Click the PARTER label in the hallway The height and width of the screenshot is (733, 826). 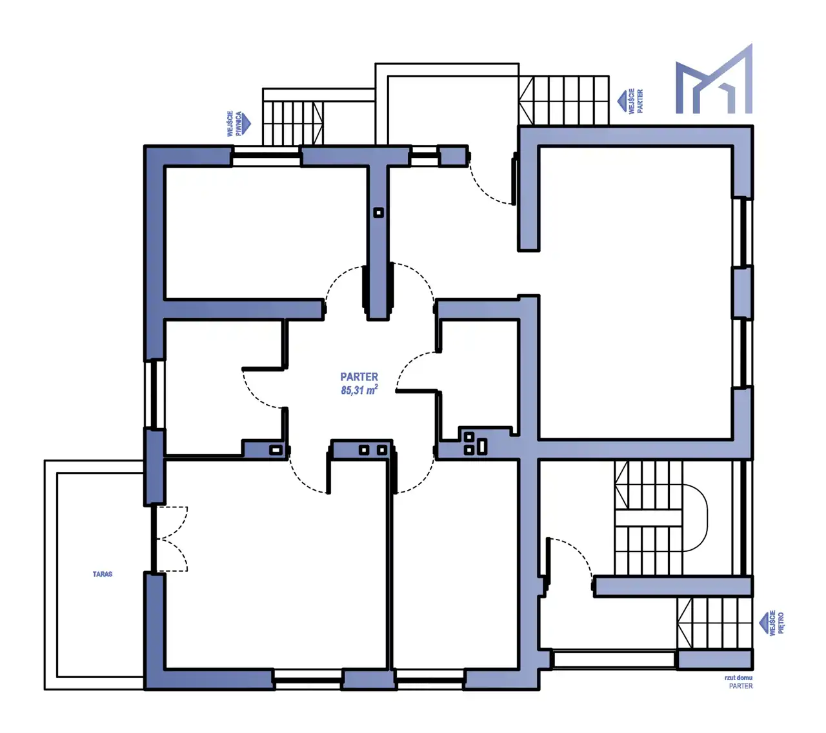pyautogui.click(x=359, y=376)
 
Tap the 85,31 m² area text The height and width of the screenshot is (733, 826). pyautogui.click(x=359, y=390)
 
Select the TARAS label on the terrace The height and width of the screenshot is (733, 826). pyautogui.click(x=103, y=574)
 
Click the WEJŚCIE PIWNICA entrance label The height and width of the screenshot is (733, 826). pyautogui.click(x=234, y=124)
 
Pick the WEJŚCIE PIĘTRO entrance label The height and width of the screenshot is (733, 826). pyautogui.click(x=776, y=623)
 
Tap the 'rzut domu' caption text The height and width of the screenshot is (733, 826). pyautogui.click(x=738, y=678)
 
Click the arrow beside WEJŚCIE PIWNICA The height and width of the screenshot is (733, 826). pyautogui.click(x=247, y=124)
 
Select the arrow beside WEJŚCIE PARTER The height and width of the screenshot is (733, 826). pyautogui.click(x=621, y=101)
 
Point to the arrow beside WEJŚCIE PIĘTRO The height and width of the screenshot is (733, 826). pyautogui.click(x=763, y=623)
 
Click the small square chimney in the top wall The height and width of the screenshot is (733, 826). pyautogui.click(x=378, y=212)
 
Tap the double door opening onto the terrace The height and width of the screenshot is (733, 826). pyautogui.click(x=169, y=539)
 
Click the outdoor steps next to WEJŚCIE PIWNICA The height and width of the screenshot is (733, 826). pyautogui.click(x=293, y=123)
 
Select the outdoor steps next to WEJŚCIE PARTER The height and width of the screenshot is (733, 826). pyautogui.click(x=564, y=100)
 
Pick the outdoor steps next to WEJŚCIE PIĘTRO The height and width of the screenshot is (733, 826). pyautogui.click(x=714, y=623)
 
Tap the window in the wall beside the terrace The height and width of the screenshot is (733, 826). pyautogui.click(x=154, y=395)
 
